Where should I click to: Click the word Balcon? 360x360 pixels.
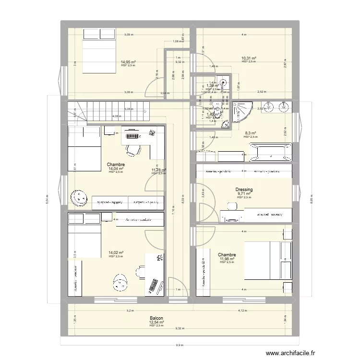156,318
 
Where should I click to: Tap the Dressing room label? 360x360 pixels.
244,190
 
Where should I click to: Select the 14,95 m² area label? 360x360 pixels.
128,62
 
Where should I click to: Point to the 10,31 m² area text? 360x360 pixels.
249,58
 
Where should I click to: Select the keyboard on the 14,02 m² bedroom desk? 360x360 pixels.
155,286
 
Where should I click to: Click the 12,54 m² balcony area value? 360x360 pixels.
156,322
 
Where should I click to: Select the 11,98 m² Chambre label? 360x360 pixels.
227,255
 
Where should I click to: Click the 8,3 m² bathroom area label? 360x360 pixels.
250,133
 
